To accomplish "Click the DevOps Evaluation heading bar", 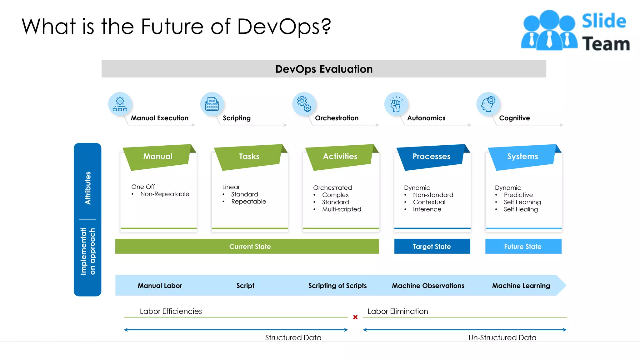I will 324,69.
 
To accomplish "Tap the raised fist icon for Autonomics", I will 396,104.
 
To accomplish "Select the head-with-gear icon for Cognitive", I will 488,104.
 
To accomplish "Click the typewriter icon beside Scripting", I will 212,104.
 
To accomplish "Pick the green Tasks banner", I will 249,156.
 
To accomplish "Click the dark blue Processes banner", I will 431,156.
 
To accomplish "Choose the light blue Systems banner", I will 522,156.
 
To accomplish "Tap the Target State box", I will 432,246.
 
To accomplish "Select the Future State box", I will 523,246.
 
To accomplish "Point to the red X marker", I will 355,317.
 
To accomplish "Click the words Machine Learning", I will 521,286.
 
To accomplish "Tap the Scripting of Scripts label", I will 337,286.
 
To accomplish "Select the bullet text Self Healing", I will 521,209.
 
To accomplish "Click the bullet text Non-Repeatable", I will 165,194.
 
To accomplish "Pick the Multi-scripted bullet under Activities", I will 342,209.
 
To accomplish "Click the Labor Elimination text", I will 397,311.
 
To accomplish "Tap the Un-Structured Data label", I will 502,337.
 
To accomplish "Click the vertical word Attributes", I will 88,188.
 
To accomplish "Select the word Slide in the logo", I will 604,21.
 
